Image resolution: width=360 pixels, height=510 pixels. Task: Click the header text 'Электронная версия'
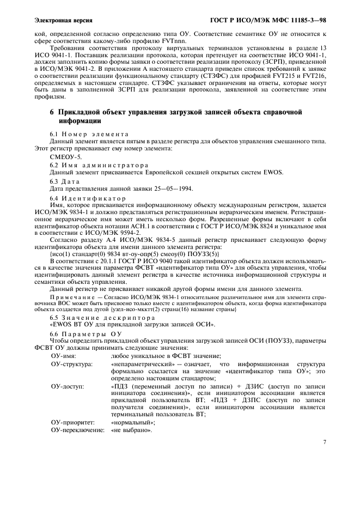63,21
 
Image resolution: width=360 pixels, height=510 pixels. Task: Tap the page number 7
325,442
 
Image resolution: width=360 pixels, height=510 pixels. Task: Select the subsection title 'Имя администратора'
99,164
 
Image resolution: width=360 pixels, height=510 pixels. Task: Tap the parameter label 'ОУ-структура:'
72,363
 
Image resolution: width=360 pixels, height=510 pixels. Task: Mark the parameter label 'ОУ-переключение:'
77,430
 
